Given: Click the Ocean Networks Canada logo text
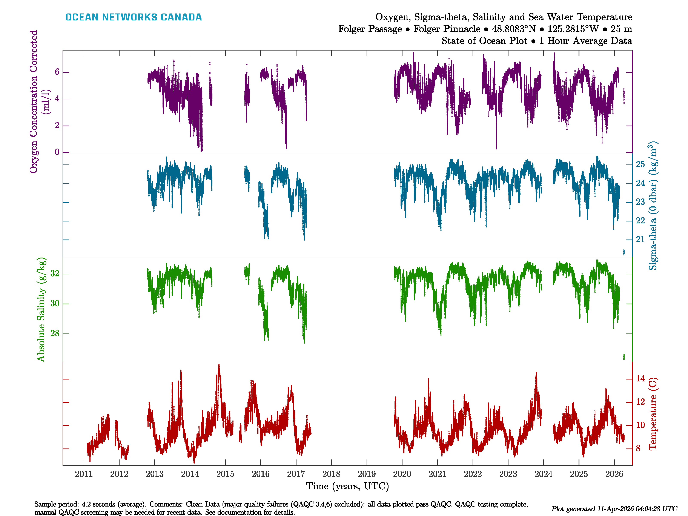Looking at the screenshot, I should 134,17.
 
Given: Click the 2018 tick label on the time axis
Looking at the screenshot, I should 331,474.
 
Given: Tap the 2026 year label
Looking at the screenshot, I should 614,474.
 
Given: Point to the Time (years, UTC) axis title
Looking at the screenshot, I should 347,486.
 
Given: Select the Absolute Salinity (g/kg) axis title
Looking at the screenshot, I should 41,309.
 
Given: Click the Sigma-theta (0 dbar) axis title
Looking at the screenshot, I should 653,206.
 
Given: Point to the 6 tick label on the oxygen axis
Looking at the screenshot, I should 57,72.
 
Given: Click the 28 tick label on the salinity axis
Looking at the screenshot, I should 55,333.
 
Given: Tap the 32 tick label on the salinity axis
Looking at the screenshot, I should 55,274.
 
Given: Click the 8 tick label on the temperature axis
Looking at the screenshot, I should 638,448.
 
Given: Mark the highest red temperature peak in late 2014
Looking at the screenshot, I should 219,365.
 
